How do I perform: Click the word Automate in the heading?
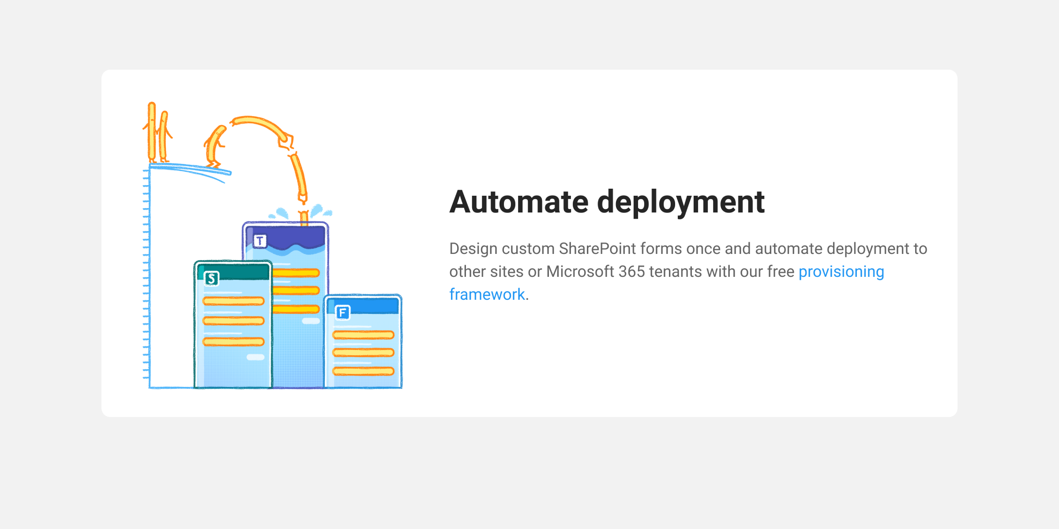pyautogui.click(x=519, y=202)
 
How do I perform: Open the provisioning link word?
pyautogui.click(x=841, y=272)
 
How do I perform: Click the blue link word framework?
pyautogui.click(x=487, y=294)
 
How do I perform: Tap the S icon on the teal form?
pyautogui.click(x=211, y=279)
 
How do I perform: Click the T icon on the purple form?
pyautogui.click(x=260, y=241)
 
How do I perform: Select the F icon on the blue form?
pyautogui.click(x=343, y=313)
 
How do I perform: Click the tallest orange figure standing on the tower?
pyautogui.click(x=151, y=132)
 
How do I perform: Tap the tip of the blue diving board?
pyautogui.click(x=230, y=172)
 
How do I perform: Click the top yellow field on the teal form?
pyautogui.click(x=233, y=301)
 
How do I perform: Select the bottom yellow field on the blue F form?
pyautogui.click(x=363, y=371)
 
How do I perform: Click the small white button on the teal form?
pyautogui.click(x=255, y=357)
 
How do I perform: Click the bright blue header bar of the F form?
pyautogui.click(x=363, y=305)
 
